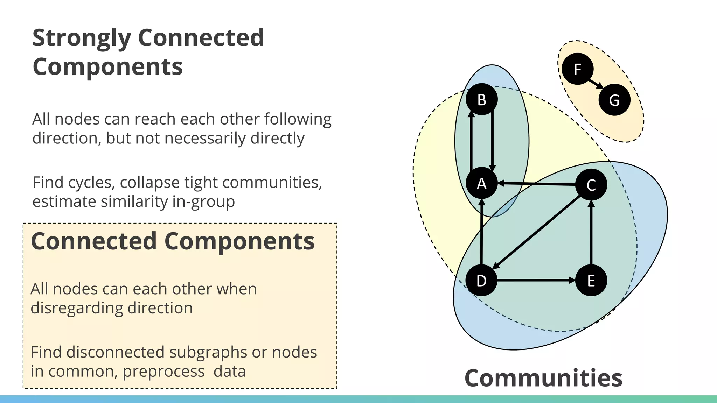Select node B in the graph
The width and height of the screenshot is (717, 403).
482,99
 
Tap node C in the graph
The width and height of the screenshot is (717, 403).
591,185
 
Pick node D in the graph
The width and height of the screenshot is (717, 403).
481,281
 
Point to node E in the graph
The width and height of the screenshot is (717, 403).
591,281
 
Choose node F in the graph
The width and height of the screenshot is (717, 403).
577,69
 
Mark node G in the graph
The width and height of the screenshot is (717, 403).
614,100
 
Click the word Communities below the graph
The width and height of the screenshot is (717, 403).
543,378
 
